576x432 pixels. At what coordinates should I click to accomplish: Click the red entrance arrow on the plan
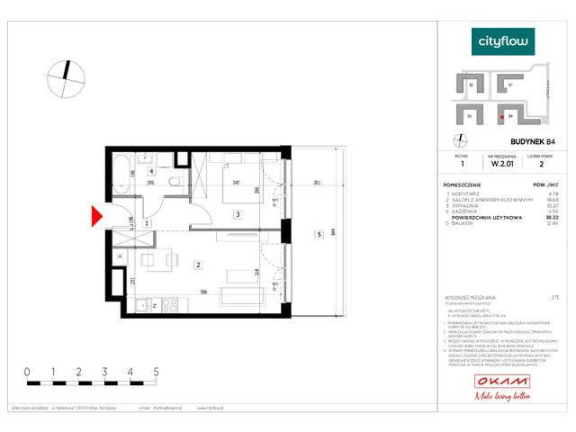click(99, 217)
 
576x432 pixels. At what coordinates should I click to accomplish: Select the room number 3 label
click(237, 213)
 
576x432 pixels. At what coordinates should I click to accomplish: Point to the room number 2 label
click(197, 264)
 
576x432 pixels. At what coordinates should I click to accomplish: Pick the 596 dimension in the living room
click(204, 291)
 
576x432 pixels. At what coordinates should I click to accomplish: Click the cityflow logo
click(503, 41)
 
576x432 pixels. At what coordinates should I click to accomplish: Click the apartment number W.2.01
click(502, 164)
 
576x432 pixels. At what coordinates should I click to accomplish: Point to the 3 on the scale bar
click(104, 370)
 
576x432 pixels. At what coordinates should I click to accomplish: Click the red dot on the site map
click(501, 116)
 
